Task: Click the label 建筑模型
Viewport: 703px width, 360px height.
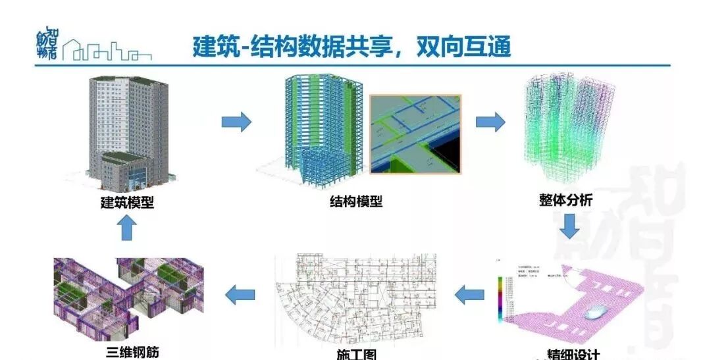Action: [127, 203]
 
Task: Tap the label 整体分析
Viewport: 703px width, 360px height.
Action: [565, 199]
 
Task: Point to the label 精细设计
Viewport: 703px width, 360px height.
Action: [573, 354]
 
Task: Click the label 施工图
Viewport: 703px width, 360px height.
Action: [356, 354]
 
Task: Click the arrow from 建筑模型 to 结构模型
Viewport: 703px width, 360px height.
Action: [236, 122]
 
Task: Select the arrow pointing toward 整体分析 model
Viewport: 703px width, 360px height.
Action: [490, 122]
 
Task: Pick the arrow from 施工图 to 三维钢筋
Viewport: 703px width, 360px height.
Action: [240, 295]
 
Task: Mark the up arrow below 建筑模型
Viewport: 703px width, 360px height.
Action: [126, 229]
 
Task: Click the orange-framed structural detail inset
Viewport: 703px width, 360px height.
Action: [415, 134]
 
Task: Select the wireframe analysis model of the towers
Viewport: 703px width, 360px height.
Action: [569, 128]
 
